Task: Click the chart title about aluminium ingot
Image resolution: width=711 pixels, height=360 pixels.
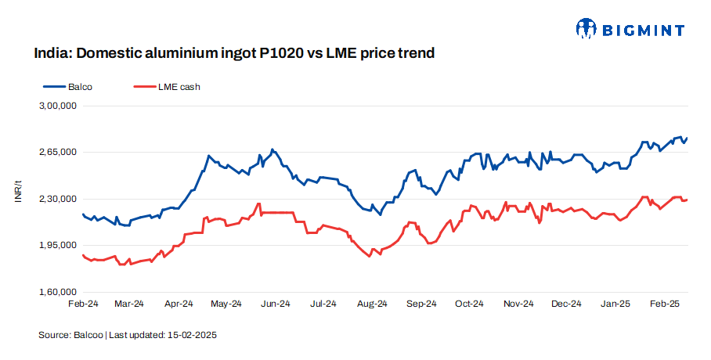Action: point(233,54)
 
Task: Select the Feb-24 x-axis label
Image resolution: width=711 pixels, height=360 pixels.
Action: point(82,304)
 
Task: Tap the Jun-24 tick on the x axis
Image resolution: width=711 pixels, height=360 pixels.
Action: point(275,304)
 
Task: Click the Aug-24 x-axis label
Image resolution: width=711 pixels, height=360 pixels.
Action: point(372,304)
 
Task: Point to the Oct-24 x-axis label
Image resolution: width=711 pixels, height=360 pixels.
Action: point(469,304)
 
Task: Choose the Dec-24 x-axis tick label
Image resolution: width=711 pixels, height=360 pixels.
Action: point(566,304)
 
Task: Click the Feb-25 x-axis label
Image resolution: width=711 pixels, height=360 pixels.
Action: point(663,304)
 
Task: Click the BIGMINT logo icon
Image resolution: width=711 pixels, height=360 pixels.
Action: point(586,30)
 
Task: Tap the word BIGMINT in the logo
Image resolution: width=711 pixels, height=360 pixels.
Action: point(643,31)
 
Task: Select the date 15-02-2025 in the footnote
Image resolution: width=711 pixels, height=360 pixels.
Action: point(191,335)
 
